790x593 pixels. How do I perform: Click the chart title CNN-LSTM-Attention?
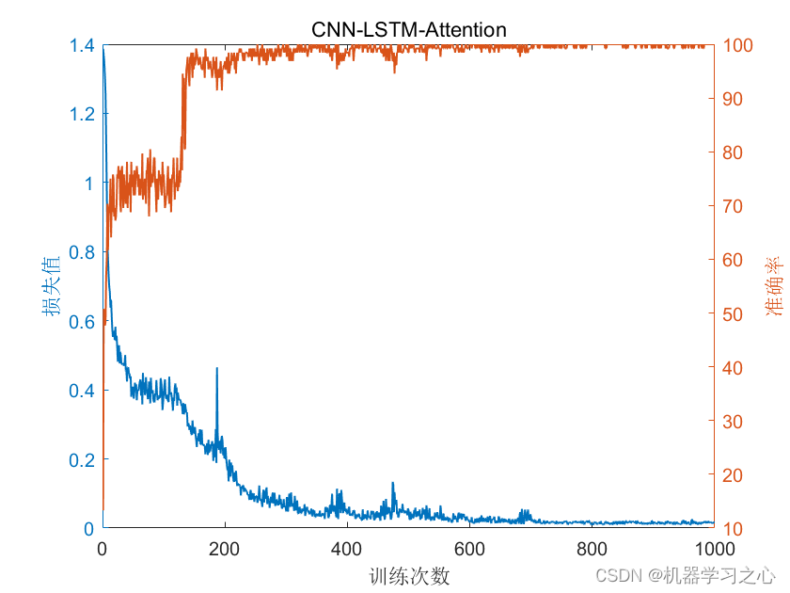[409, 30]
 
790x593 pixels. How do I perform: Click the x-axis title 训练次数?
[408, 575]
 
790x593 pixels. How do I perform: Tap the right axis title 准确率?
[772, 287]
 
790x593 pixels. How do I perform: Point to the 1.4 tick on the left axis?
[82, 45]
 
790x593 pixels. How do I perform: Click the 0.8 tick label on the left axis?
[82, 252]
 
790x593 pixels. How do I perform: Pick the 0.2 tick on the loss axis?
[82, 459]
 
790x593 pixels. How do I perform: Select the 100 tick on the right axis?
[737, 45]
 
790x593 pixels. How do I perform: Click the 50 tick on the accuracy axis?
[733, 313]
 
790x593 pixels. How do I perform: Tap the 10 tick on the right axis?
[733, 528]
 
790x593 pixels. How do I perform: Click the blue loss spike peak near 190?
[217, 369]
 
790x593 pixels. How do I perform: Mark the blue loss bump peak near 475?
[393, 484]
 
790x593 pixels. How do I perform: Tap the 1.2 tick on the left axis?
[82, 114]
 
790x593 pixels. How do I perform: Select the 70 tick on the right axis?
[733, 206]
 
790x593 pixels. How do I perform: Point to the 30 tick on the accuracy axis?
[733, 421]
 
